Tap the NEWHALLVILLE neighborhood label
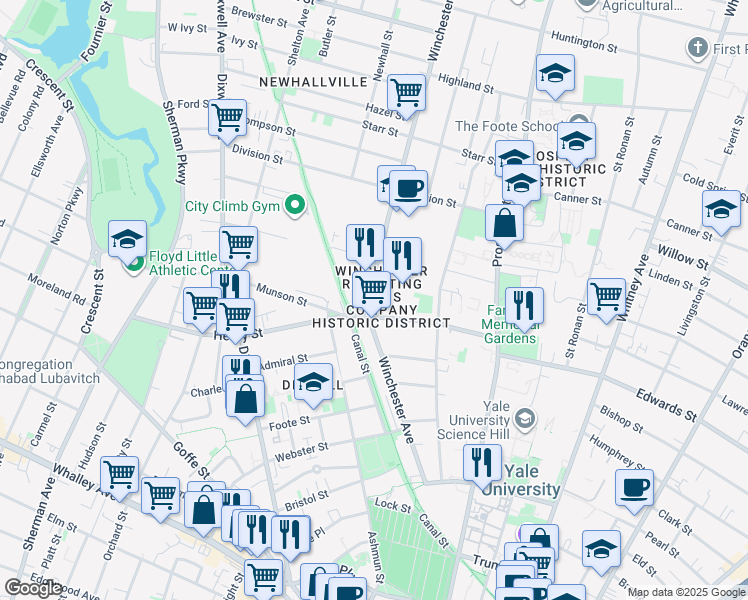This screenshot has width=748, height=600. pyautogui.click(x=314, y=82)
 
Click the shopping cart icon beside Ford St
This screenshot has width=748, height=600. pyautogui.click(x=228, y=117)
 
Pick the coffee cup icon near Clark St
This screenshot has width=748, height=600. pyautogui.click(x=634, y=488)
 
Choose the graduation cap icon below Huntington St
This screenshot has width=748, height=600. pyautogui.click(x=555, y=73)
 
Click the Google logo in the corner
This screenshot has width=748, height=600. pyautogui.click(x=33, y=589)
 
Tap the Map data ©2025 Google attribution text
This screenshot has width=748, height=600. pyautogui.click(x=686, y=592)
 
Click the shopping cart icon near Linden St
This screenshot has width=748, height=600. pyautogui.click(x=606, y=297)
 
